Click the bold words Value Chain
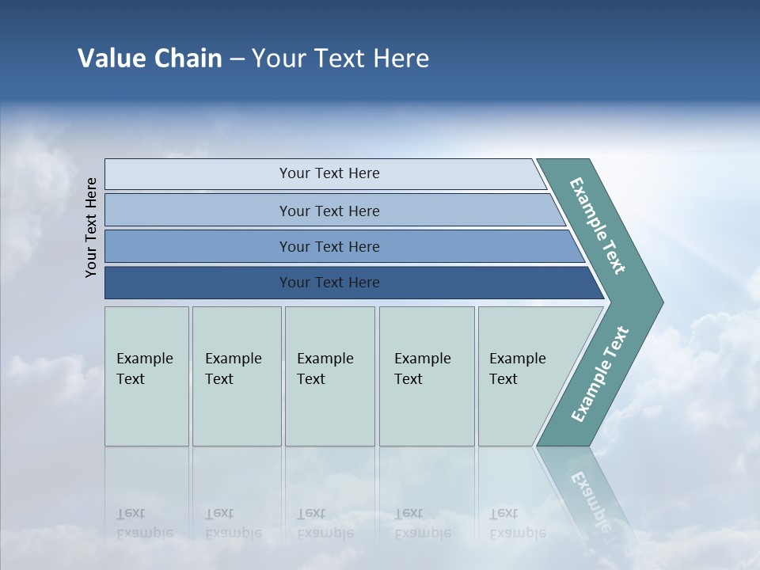click(150, 59)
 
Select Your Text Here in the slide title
click(340, 59)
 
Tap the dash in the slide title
click(237, 59)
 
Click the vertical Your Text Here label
click(92, 227)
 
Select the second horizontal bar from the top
click(329, 211)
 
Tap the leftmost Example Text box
click(146, 376)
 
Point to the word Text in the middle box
click(311, 379)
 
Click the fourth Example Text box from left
click(427, 376)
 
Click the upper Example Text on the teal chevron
click(598, 226)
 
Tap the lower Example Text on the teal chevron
click(600, 374)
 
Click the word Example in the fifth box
click(518, 359)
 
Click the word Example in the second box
click(234, 359)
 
